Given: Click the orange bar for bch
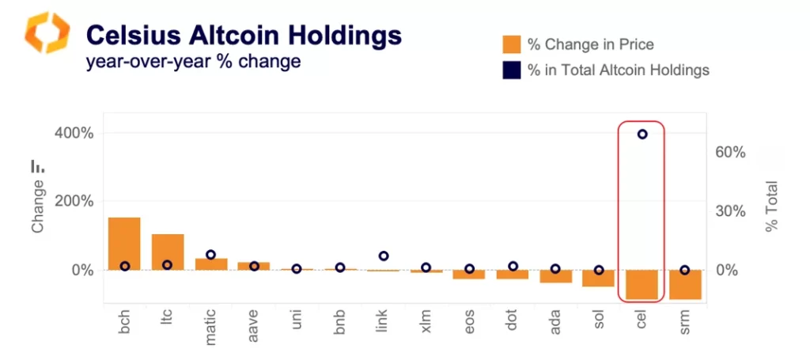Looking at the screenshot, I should tap(124, 244).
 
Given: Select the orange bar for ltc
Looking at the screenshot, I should tap(168, 252).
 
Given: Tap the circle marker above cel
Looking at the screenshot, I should tap(642, 134).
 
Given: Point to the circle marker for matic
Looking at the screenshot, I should tap(211, 255).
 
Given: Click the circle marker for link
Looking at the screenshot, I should tap(384, 256).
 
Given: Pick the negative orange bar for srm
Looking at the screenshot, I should tap(685, 285).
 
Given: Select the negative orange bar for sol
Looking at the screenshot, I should tap(599, 278).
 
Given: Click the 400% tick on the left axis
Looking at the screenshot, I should tap(74, 133).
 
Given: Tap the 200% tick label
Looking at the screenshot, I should tap(74, 201).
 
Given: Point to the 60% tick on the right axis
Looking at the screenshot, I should tap(732, 152).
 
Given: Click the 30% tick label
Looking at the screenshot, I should tap(732, 211).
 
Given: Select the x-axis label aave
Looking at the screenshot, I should tap(254, 325).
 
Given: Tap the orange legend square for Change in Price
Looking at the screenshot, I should tap(511, 44).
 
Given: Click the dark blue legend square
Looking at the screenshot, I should tap(511, 70).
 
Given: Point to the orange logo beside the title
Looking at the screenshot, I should tap(47, 32).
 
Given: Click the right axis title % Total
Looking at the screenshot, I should tap(771, 207).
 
